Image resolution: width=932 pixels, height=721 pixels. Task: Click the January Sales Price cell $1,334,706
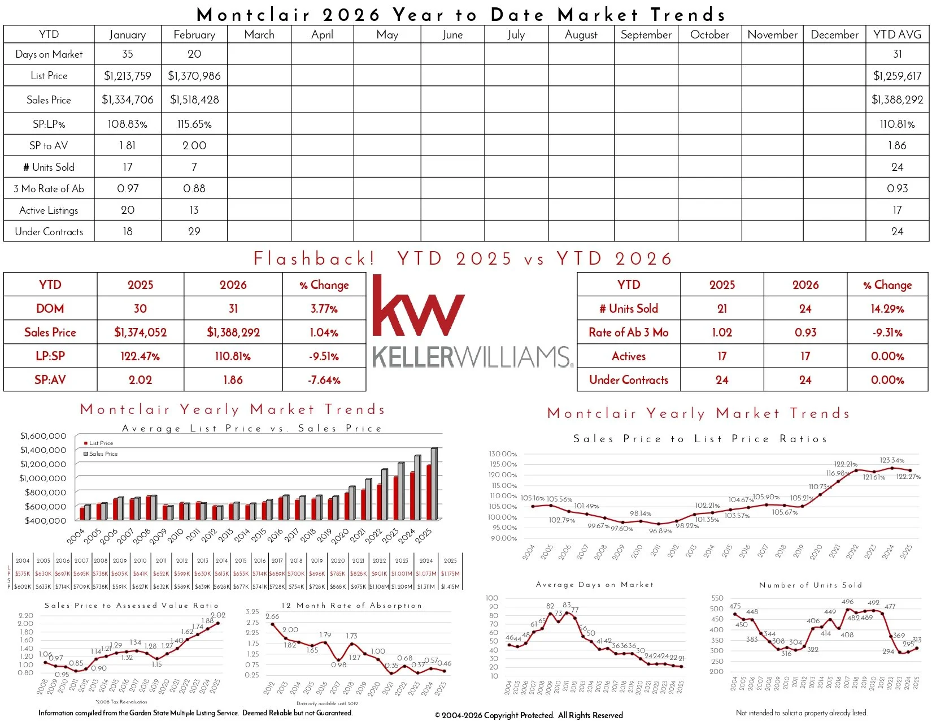pyautogui.click(x=128, y=100)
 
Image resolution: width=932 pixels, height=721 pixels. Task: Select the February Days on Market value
pyautogui.click(x=194, y=54)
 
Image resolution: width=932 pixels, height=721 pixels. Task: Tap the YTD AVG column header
pyautogui.click(x=897, y=34)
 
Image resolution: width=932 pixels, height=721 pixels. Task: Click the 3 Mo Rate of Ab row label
pyautogui.click(x=49, y=188)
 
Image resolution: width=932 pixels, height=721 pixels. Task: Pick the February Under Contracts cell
pyautogui.click(x=194, y=231)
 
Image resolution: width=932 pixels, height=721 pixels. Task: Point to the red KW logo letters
pyautogui.click(x=418, y=307)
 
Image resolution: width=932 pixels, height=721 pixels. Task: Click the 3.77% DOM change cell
pyautogui.click(x=324, y=309)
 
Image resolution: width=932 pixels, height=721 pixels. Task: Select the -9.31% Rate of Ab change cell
pyautogui.click(x=887, y=333)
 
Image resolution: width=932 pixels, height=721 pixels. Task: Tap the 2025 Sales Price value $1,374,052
pyautogui.click(x=141, y=333)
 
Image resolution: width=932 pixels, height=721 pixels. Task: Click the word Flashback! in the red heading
pyautogui.click(x=314, y=258)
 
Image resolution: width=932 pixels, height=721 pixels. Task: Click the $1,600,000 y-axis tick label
pyautogui.click(x=43, y=436)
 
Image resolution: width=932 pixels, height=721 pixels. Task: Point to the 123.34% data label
pyautogui.click(x=892, y=460)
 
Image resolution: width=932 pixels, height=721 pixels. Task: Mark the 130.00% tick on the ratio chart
pyautogui.click(x=503, y=454)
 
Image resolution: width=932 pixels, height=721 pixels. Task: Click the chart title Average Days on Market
pyautogui.click(x=594, y=585)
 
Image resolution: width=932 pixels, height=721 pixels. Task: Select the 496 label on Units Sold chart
pyautogui.click(x=847, y=602)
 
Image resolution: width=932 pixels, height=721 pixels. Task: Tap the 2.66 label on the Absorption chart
pyautogui.click(x=272, y=616)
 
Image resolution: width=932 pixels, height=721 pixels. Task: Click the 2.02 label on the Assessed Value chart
pyautogui.click(x=218, y=615)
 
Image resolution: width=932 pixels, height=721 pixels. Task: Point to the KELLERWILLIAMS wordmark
pyautogui.click(x=472, y=357)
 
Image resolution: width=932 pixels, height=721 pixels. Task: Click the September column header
pyautogui.click(x=646, y=34)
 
